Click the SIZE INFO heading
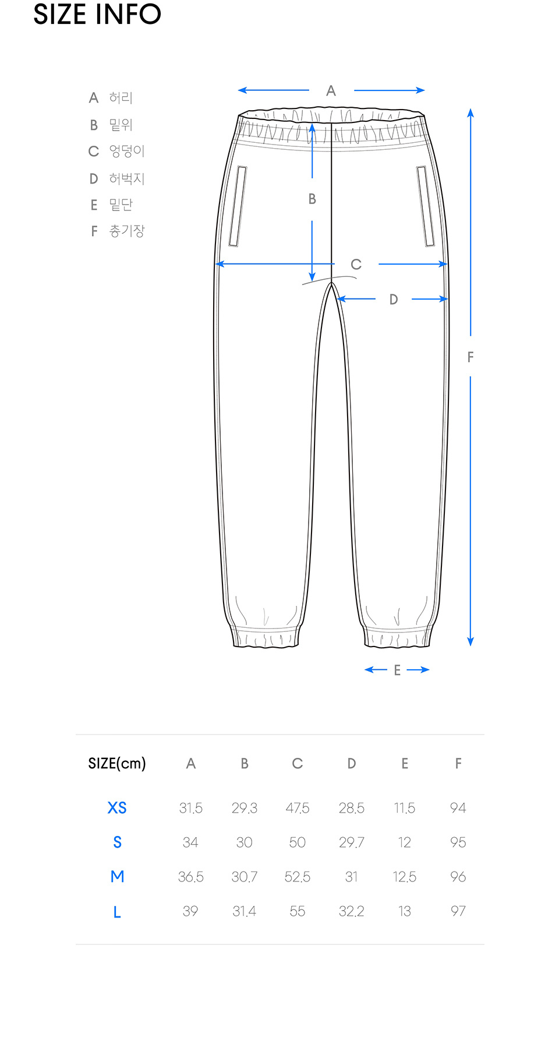point(97,14)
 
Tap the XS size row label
point(117,807)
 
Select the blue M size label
point(117,876)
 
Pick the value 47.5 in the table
point(297,808)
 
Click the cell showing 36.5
point(190,877)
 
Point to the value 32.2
point(351,911)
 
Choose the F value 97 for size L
point(458,911)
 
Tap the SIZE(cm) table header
point(117,764)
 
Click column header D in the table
point(351,764)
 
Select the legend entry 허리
point(121,97)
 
